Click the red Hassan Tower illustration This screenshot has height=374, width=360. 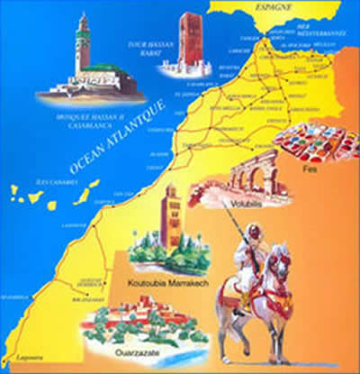[191, 41]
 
